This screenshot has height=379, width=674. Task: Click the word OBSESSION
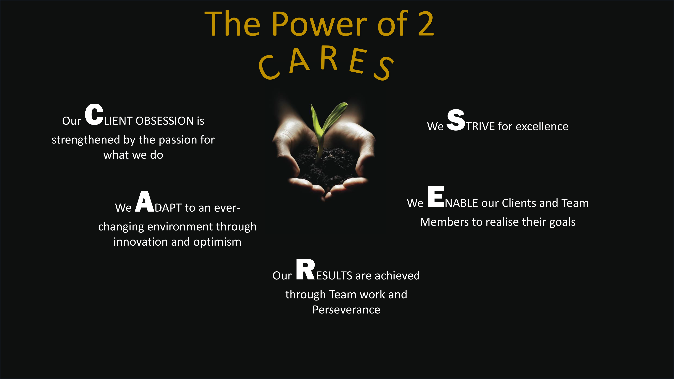click(165, 121)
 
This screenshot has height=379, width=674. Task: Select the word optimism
click(217, 242)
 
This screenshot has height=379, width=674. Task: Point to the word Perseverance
click(346, 310)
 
